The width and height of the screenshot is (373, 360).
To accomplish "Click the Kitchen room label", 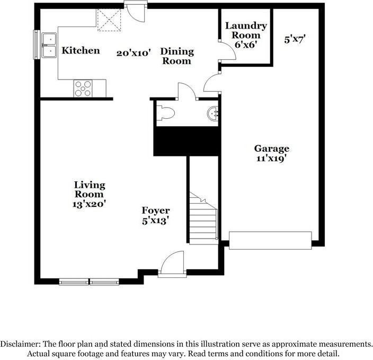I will (x=81, y=51).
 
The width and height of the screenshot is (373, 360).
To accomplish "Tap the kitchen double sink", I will (x=50, y=45).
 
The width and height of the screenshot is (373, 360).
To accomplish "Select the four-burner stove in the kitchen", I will (x=83, y=87).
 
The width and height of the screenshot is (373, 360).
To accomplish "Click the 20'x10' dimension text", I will (x=134, y=52).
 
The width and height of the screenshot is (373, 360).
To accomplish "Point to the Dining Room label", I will (x=177, y=56).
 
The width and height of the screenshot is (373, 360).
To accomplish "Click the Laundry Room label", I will (x=246, y=30).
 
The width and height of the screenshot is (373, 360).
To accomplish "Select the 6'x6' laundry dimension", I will (x=246, y=46).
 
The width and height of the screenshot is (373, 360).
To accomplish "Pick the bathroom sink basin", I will (x=213, y=112).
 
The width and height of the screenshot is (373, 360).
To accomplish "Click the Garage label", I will (x=271, y=148).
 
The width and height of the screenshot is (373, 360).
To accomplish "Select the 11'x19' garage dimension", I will (x=271, y=158).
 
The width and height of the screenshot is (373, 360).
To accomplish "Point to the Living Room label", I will (x=89, y=190).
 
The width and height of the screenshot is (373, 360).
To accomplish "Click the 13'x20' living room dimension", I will (x=89, y=204).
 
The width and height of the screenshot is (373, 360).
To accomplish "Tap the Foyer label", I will (x=156, y=211).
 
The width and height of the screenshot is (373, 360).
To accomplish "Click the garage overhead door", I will (x=270, y=240).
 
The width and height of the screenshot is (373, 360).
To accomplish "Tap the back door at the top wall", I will (x=135, y=12).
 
